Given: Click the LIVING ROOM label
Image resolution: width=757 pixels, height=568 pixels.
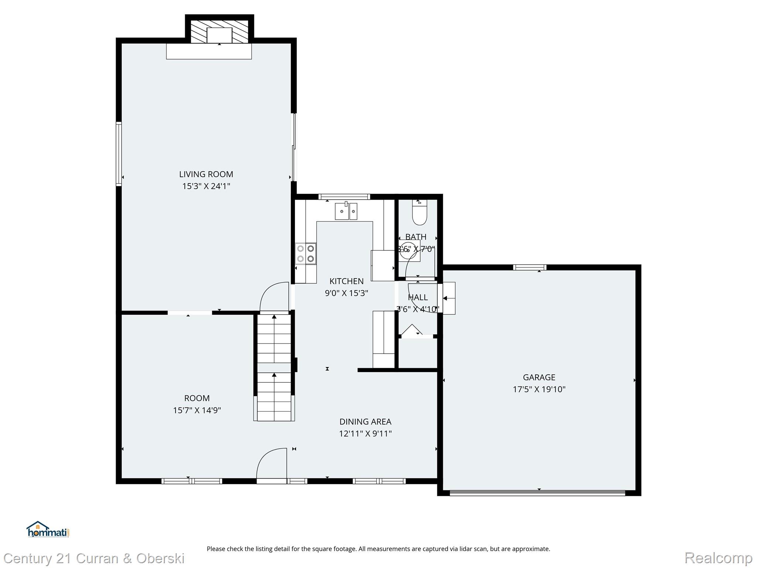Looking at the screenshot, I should (x=206, y=174).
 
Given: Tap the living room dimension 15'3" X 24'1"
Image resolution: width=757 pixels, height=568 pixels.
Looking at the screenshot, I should (x=206, y=186).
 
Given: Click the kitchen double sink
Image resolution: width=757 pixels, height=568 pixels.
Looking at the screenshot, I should (x=346, y=212).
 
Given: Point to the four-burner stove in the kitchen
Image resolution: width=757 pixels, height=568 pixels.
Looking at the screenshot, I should (x=306, y=254).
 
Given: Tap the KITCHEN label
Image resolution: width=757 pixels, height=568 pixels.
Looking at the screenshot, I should (x=346, y=281).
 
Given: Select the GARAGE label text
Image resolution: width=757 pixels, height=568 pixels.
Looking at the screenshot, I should (x=539, y=377).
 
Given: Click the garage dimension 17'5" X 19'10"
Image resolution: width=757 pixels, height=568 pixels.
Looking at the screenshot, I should (x=539, y=389).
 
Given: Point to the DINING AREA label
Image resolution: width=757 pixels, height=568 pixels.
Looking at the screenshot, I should (x=365, y=422).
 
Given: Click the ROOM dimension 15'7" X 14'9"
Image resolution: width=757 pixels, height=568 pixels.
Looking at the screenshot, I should (x=197, y=410).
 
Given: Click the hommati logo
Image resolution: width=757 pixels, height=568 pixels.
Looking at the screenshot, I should (x=48, y=530).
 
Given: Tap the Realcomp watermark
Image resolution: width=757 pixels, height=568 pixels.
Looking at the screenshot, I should (x=718, y=558).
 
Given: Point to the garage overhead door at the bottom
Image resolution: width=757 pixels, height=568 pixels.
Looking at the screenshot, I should (x=537, y=493).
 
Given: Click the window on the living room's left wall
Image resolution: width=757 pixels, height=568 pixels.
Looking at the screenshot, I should (x=119, y=153).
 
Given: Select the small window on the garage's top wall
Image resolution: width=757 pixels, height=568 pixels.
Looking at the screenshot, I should (x=529, y=267).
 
